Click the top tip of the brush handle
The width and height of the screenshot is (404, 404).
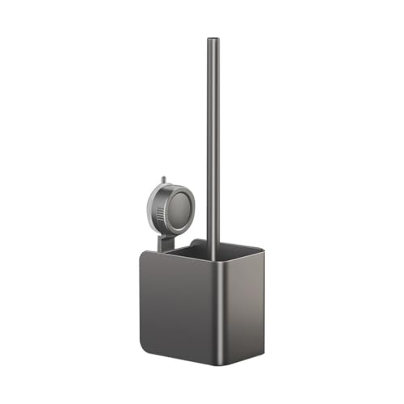(x=213, y=40)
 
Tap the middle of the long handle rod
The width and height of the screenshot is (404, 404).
(x=213, y=145)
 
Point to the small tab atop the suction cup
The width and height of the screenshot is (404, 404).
(x=162, y=179)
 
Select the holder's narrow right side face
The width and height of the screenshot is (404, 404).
(x=242, y=303)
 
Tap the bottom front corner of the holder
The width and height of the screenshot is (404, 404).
(x=221, y=364)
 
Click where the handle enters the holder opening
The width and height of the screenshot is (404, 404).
(x=213, y=257)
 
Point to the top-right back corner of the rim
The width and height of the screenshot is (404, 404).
(x=263, y=249)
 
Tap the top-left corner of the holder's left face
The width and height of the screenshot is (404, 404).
(x=143, y=251)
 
